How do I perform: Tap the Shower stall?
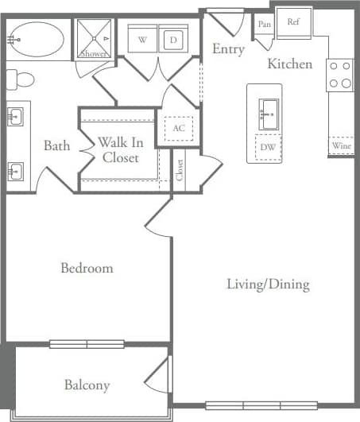point(94,39)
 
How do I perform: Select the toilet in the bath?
point(21,79)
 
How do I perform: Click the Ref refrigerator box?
point(292,21)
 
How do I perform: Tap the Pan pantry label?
point(265,25)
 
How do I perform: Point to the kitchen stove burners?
point(340,75)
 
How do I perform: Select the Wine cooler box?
point(340,146)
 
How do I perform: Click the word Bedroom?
point(87,268)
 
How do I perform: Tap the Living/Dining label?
point(268,284)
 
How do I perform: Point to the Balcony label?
point(87,385)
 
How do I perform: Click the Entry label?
point(228,49)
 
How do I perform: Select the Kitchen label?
point(289,64)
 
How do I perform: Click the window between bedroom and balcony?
point(87,344)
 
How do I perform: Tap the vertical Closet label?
point(180,170)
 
